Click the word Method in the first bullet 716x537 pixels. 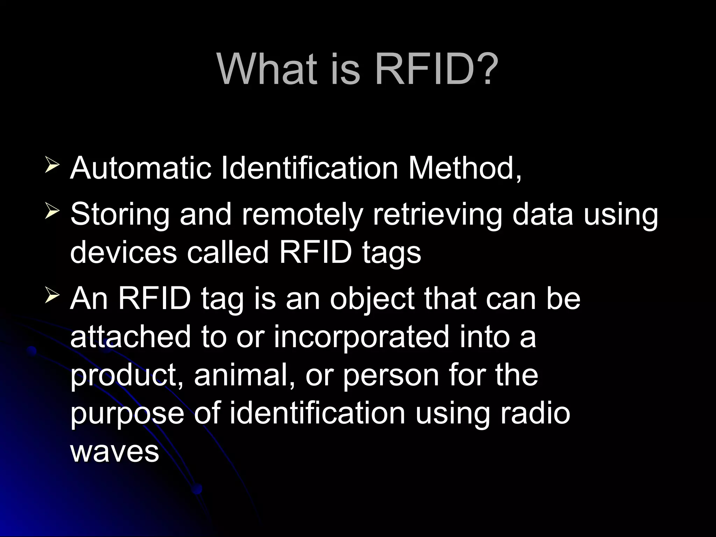click(461, 168)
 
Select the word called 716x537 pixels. click(227, 252)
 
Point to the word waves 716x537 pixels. click(115, 451)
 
